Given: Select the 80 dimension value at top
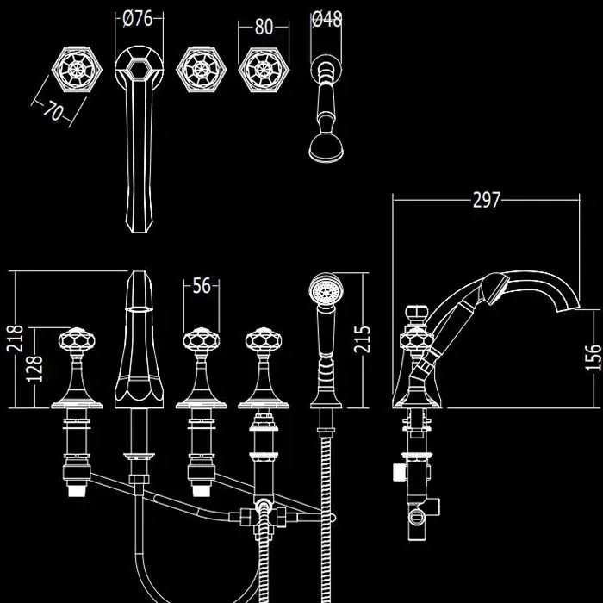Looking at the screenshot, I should point(264,26).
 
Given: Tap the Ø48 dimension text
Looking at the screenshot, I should point(326,19).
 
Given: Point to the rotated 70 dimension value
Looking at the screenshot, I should point(54,111).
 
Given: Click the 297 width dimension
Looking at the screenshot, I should point(486,200).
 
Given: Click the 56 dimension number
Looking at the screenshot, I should point(202,287).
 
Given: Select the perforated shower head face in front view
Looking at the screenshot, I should point(326,287).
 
